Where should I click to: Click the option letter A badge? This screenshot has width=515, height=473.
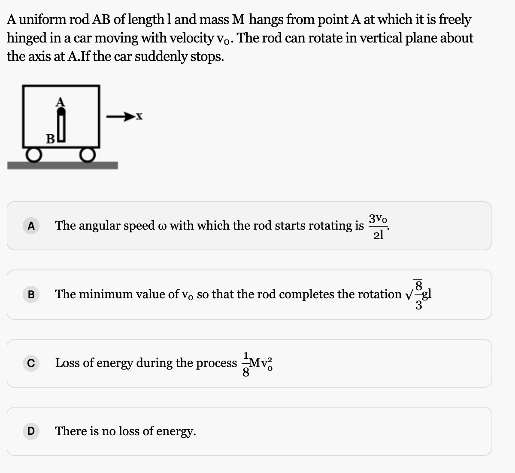(x=30, y=226)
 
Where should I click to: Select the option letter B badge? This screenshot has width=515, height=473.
(x=30, y=294)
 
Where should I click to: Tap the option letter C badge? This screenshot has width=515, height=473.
(x=30, y=363)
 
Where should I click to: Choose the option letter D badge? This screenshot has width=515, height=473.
(x=30, y=431)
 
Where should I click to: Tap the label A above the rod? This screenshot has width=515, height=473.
(x=61, y=102)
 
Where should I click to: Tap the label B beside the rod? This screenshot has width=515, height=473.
(x=50, y=139)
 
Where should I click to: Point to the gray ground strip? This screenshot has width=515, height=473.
(x=62, y=165)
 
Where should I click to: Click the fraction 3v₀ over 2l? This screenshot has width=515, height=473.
(x=378, y=227)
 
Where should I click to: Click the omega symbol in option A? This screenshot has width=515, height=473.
(x=162, y=227)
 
